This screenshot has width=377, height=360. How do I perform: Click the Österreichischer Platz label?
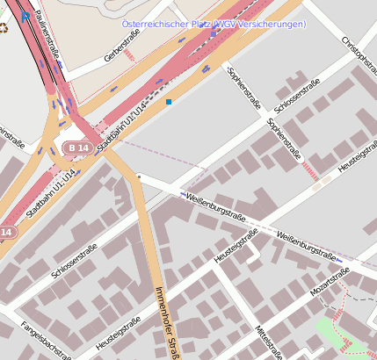(214, 24)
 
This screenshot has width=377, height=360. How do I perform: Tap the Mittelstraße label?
(266, 342)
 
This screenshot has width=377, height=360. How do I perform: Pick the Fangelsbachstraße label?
(46, 342)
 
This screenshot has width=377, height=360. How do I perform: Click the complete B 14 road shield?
(78, 148)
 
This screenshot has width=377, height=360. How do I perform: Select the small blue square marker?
(169, 102)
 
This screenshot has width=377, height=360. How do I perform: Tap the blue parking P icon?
(25, 15)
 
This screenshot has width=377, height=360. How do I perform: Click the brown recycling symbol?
(3, 27)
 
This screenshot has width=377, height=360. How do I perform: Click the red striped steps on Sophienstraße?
(309, 170)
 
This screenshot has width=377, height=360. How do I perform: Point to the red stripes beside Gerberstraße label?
(130, 55)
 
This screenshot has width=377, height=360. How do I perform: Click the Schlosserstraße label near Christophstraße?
(297, 96)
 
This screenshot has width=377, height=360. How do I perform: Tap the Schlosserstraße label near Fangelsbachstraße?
(74, 261)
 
